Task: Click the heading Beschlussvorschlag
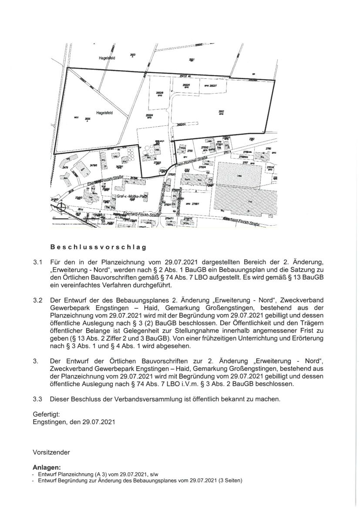tap(98, 246)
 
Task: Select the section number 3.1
tap(37, 263)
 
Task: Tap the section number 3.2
tap(37, 300)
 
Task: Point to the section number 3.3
tap(37, 399)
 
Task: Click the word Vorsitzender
tap(51, 452)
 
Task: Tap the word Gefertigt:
tap(46, 414)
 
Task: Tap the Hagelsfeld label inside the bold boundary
tap(104, 112)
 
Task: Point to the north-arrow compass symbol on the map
tap(61, 208)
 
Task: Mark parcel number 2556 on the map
tap(87, 118)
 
